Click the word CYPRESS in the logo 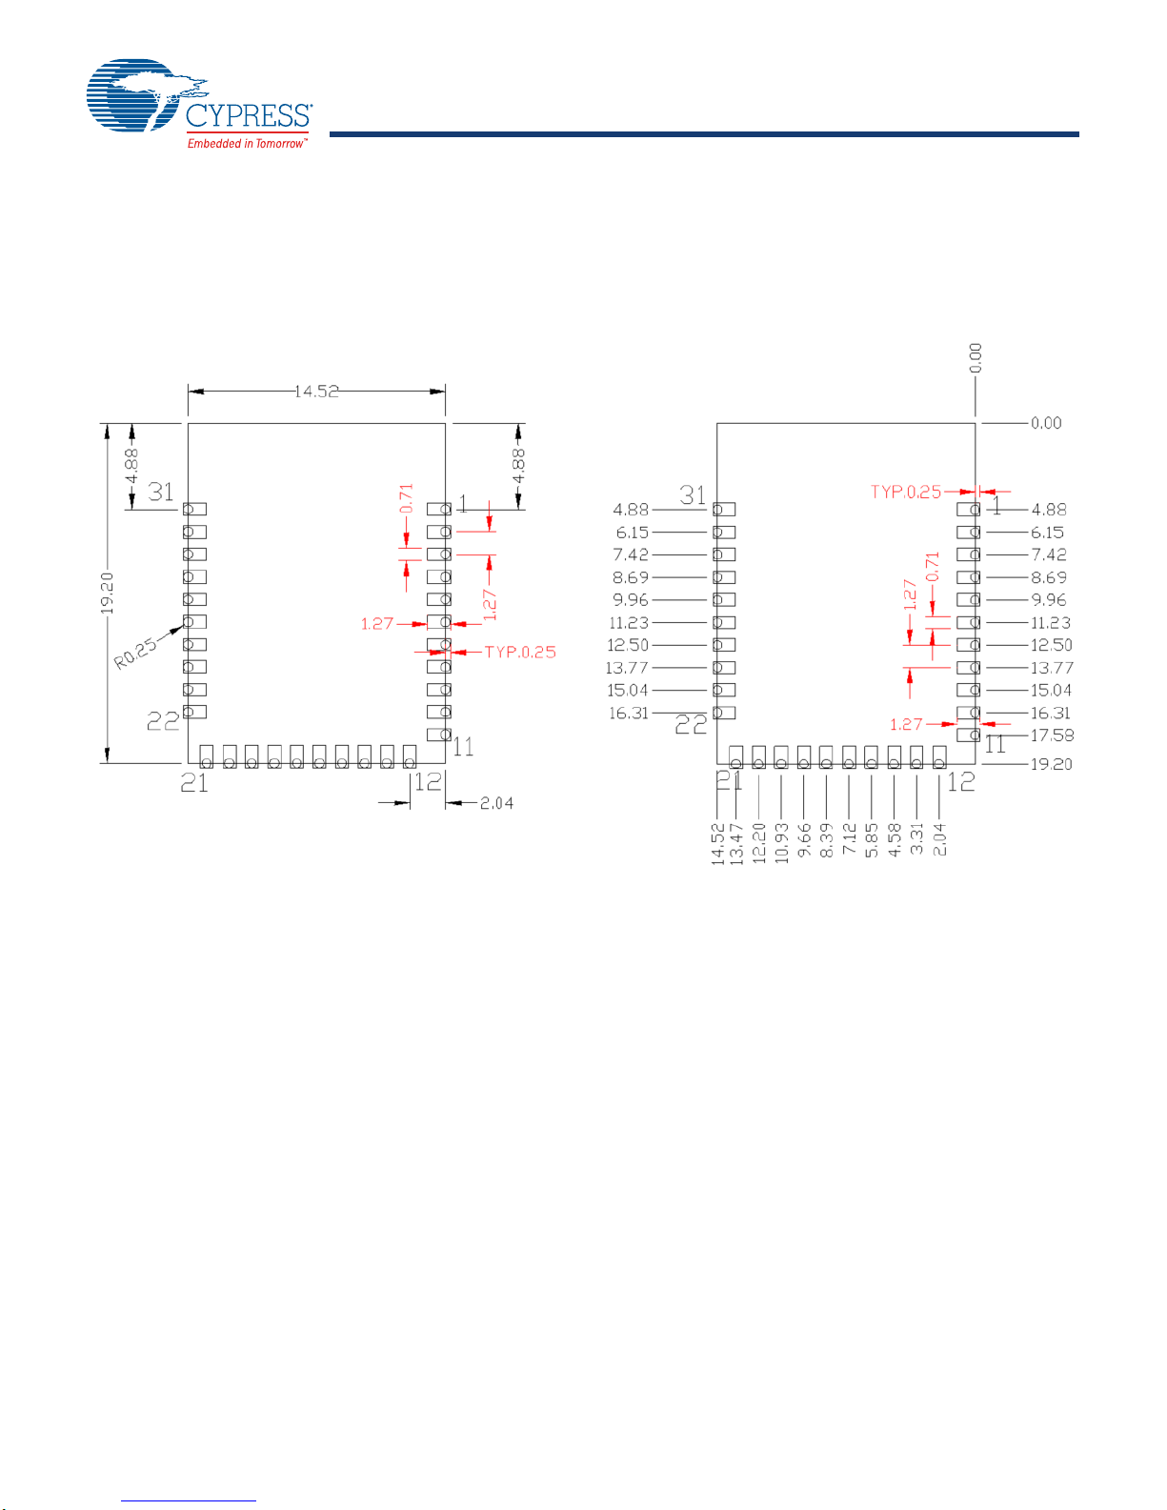(x=249, y=115)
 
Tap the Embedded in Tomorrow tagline (x=247, y=143)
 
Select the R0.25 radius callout (x=135, y=654)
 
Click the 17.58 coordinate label (x=1052, y=735)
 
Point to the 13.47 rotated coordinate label (x=737, y=843)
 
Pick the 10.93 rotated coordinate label (x=781, y=843)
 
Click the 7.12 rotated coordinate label (x=849, y=838)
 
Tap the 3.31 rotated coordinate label (x=916, y=838)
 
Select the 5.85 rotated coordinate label (x=872, y=839)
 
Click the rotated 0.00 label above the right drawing (x=976, y=358)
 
